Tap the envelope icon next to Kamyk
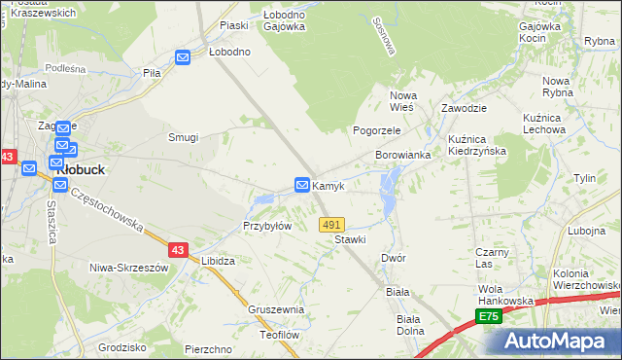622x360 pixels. pos(302,184)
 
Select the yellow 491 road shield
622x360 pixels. pos(331,224)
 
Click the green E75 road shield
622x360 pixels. pos(489,317)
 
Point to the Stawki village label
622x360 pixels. pos(350,239)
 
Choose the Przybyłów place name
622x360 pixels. pos(267,226)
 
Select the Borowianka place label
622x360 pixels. pos(403,156)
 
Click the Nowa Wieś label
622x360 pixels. pos(402,100)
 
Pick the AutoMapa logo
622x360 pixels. pos(559,342)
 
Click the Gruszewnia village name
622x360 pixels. pos(276,309)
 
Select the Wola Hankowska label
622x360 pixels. pos(505,296)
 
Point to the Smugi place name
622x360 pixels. pos(184,137)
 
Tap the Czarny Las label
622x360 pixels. pos(493,258)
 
